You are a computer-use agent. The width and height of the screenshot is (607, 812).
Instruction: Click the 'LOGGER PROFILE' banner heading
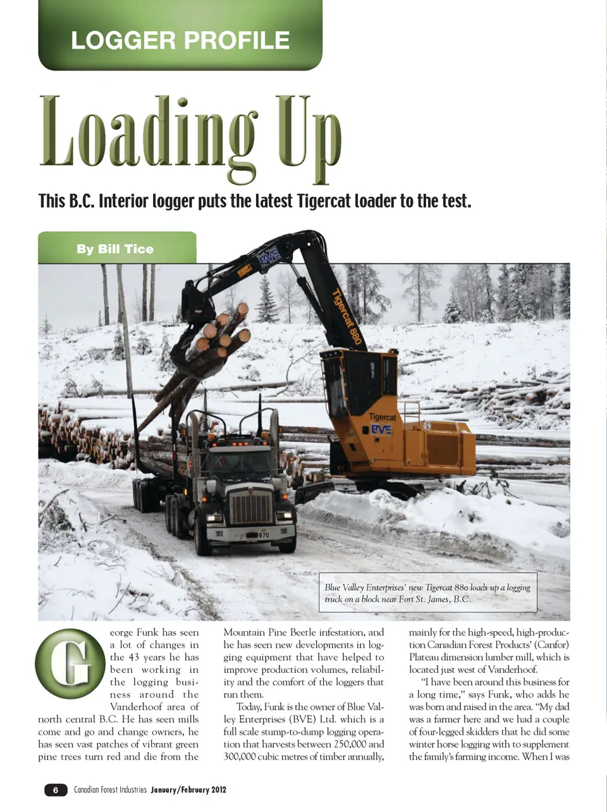tap(180, 40)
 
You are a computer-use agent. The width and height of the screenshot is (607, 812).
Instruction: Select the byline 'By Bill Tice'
tap(115, 249)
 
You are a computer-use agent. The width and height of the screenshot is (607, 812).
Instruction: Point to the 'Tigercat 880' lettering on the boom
tap(347, 316)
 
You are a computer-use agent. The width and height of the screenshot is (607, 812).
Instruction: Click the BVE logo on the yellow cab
tap(381, 430)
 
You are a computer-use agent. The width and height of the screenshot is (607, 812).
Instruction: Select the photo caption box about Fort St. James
tap(428, 593)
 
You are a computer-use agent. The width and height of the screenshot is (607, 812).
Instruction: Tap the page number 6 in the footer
tap(56, 790)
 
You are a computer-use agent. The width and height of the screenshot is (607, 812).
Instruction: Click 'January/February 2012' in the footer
tap(188, 790)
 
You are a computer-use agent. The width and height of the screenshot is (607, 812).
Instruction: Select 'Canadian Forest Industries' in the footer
tap(110, 790)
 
